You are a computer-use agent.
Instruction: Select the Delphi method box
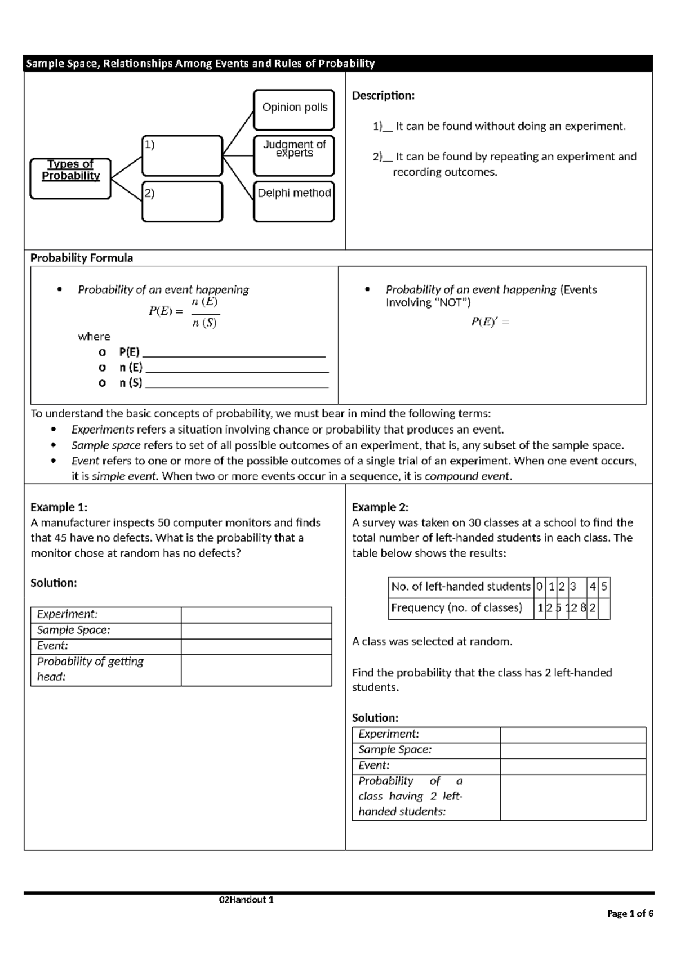[293, 201]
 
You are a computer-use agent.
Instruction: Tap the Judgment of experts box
[293, 155]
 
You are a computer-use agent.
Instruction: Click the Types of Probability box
[70, 178]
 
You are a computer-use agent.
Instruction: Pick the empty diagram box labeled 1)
[182, 156]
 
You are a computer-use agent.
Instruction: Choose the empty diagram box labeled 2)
[182, 202]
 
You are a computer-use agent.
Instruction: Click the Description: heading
[383, 96]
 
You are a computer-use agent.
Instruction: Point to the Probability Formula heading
[82, 258]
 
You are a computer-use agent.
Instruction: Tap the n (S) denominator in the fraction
[204, 323]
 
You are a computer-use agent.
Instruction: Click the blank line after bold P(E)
[234, 353]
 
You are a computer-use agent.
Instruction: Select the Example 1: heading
[59, 507]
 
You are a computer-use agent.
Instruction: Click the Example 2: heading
[380, 507]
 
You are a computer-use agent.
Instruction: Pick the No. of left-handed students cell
[460, 587]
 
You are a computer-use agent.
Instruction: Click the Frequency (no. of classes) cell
[456, 608]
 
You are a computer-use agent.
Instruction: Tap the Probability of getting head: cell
[105, 669]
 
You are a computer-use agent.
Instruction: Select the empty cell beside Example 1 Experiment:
[256, 615]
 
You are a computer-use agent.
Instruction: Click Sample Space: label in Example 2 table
[395, 750]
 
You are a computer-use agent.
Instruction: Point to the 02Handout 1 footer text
[246, 900]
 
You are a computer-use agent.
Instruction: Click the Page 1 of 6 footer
[630, 914]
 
